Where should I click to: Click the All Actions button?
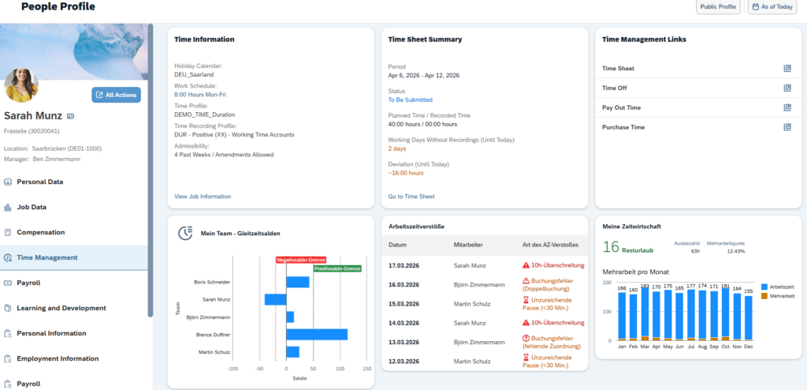[116, 95]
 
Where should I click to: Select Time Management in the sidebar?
[47, 257]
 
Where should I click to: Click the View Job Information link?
[203, 197]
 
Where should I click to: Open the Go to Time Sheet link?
[411, 197]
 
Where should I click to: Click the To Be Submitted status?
[410, 100]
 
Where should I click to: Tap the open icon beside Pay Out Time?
[787, 107]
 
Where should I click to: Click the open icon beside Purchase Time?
[787, 127]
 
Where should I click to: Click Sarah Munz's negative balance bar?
[275, 299]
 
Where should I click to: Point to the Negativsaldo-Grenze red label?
[300, 259]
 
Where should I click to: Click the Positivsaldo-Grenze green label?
[337, 268]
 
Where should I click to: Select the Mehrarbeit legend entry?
[782, 295]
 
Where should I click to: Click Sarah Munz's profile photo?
[21, 85]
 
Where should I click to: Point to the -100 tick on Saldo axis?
[232, 369]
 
